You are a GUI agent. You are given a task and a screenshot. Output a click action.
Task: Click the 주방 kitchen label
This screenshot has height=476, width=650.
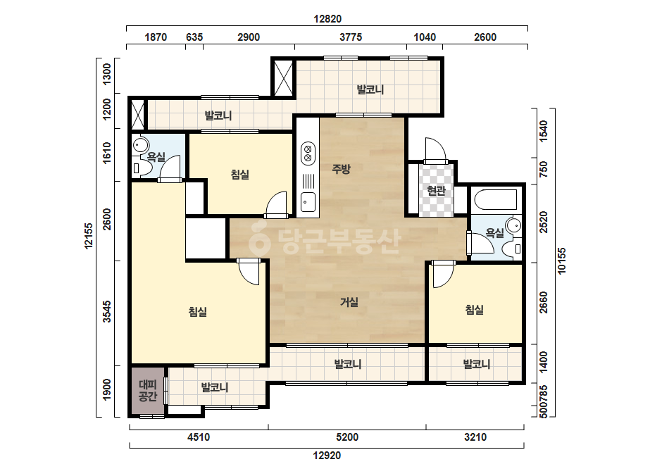tap(341, 169)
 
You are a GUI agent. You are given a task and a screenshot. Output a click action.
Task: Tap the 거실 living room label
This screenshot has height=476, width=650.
tap(349, 302)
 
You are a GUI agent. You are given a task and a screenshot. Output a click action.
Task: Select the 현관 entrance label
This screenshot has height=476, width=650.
tap(436, 191)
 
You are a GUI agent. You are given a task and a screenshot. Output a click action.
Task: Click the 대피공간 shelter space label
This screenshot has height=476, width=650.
tap(148, 391)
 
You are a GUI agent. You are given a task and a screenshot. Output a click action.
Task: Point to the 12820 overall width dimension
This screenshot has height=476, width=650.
tap(327, 19)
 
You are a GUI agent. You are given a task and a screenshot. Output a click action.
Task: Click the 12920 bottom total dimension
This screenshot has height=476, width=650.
tap(327, 456)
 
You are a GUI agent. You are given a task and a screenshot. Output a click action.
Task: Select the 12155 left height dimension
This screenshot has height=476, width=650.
tap(89, 236)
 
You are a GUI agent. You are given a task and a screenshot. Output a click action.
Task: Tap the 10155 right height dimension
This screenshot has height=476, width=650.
tap(561, 261)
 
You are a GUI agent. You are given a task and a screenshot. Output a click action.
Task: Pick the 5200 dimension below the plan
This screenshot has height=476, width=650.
tap(347, 437)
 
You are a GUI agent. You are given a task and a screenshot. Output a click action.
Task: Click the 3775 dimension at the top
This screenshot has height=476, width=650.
tap(351, 37)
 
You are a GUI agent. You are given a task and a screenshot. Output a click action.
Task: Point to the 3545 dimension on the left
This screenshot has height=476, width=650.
tap(107, 312)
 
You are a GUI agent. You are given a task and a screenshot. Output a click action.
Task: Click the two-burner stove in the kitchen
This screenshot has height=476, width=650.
tap(308, 153)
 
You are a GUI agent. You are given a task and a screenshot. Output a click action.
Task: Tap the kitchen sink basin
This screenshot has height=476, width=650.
tap(308, 202)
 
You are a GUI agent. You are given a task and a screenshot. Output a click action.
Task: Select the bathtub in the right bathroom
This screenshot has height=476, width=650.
tap(496, 199)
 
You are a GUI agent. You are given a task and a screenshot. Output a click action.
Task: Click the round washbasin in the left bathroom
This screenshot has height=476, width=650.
tap(141, 146)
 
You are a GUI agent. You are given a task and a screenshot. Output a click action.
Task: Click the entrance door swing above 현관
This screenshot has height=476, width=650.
tap(435, 150)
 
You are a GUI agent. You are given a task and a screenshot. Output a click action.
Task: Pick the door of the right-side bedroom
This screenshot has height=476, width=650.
tap(443, 274)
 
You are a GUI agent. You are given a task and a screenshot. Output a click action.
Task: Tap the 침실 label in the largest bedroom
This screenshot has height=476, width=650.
tap(198, 312)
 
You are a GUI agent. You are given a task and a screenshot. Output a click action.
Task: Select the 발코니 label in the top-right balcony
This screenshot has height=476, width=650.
tap(370, 89)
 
